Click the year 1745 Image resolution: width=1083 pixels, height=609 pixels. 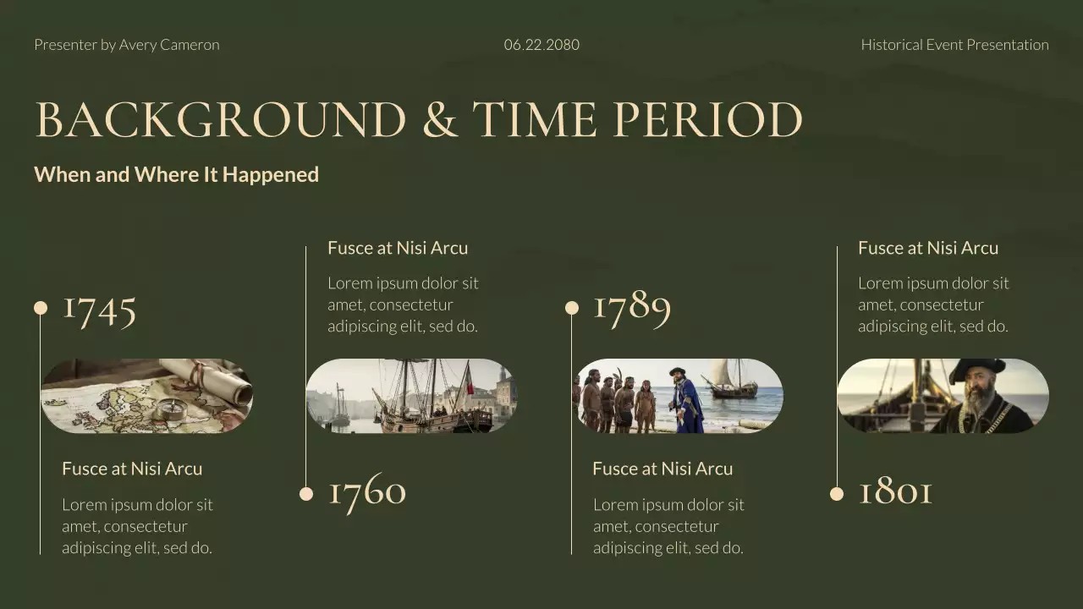click(x=100, y=309)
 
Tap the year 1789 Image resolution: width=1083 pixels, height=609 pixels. click(x=632, y=307)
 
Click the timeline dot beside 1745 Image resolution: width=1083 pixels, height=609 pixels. click(x=41, y=308)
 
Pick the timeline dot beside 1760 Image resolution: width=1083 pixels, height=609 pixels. click(x=306, y=494)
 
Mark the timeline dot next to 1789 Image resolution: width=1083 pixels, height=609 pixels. click(x=572, y=308)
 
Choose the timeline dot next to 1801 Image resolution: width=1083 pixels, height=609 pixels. click(x=837, y=494)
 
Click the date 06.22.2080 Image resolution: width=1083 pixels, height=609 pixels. click(x=541, y=45)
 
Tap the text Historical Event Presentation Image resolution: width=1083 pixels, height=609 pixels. click(x=954, y=45)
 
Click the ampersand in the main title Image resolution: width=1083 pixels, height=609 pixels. click(x=439, y=120)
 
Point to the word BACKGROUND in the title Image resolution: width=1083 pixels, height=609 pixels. click(x=221, y=120)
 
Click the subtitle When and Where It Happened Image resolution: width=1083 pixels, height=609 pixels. click(x=176, y=174)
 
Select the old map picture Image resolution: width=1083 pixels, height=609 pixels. click(x=146, y=396)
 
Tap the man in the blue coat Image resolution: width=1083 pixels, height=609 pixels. click(x=686, y=402)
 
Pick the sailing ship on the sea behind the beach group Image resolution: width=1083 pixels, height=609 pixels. click(x=731, y=379)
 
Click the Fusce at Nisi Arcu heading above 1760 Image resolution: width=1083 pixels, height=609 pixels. click(x=398, y=248)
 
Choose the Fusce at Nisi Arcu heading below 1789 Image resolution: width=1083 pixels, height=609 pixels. click(x=662, y=469)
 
